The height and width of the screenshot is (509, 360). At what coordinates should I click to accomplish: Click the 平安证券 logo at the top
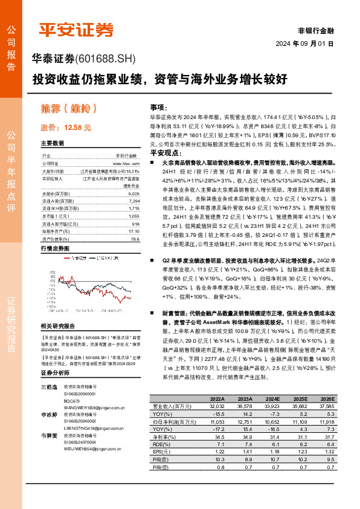click(x=76, y=29)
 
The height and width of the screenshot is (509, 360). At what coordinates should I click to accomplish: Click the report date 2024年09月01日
click(x=307, y=44)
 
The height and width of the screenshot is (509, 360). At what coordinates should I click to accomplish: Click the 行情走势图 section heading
click(x=55, y=249)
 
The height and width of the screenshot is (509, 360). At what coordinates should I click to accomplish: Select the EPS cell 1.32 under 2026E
click(x=326, y=452)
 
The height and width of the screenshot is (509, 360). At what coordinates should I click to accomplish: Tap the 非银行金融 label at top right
click(x=316, y=30)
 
